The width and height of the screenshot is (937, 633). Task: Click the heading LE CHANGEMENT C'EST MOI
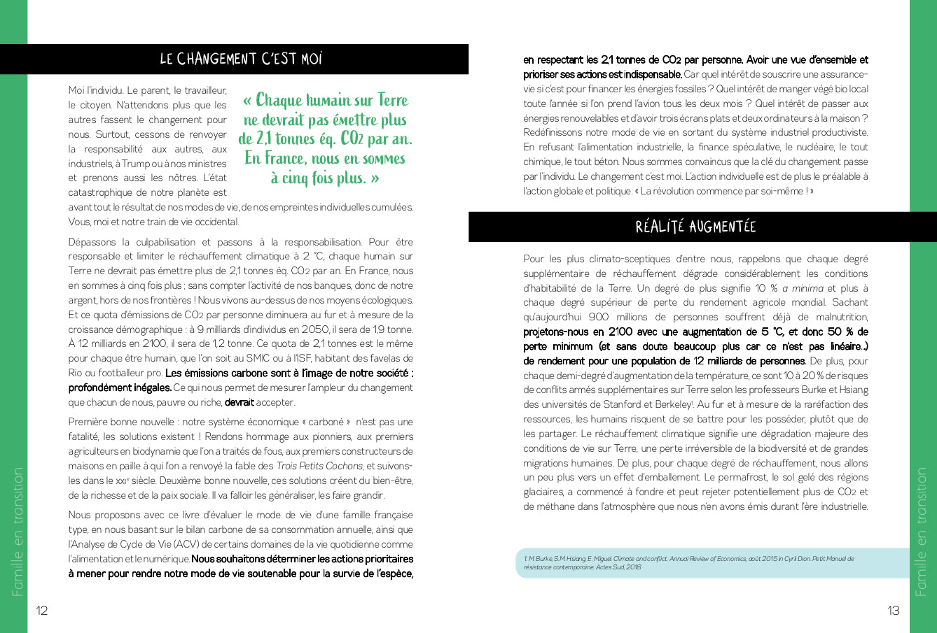[241, 59]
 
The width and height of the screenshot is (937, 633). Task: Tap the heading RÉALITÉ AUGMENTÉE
[695, 227]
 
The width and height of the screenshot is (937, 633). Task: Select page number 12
[42, 611]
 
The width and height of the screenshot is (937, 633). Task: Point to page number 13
[894, 611]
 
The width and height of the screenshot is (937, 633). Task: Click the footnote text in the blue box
[690, 562]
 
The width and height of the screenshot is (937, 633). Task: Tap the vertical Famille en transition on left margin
[18, 532]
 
